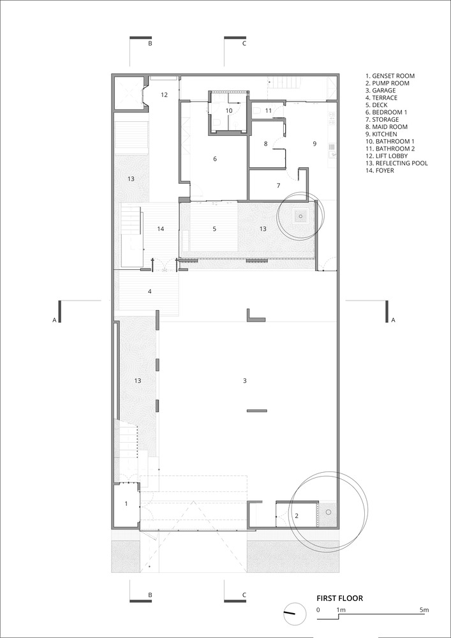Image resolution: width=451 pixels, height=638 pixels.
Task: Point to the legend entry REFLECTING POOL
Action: pos(397,163)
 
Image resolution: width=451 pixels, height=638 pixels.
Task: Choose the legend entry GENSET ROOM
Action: pos(390,76)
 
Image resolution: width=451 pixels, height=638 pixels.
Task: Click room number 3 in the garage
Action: pos(244,381)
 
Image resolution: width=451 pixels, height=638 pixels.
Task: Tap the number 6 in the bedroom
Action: pos(215,159)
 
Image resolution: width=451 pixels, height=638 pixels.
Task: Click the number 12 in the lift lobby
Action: pos(164,95)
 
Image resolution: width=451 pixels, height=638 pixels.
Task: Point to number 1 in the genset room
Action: pos(126,504)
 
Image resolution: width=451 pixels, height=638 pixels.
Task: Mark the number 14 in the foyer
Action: pos(160,229)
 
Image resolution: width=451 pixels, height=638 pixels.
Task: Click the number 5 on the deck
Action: pos(214,229)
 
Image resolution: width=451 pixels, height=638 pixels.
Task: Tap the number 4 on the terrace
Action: pos(150,292)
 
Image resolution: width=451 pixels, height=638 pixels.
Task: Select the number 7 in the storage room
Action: pos(278,186)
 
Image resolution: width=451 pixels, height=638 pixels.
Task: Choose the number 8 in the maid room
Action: pos(265,143)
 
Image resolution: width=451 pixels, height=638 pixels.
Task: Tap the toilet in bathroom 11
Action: pos(256,110)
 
